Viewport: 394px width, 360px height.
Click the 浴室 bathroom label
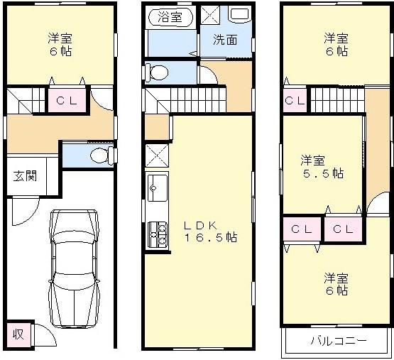(x=169, y=14)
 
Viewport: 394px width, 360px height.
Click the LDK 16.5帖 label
(x=210, y=231)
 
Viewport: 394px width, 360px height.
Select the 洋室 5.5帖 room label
(x=321, y=166)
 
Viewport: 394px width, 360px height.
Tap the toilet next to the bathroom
(x=157, y=72)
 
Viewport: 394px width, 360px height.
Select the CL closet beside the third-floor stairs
(x=295, y=101)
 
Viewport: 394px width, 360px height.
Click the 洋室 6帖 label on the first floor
(x=60, y=44)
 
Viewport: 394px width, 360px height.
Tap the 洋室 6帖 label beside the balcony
(x=336, y=283)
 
